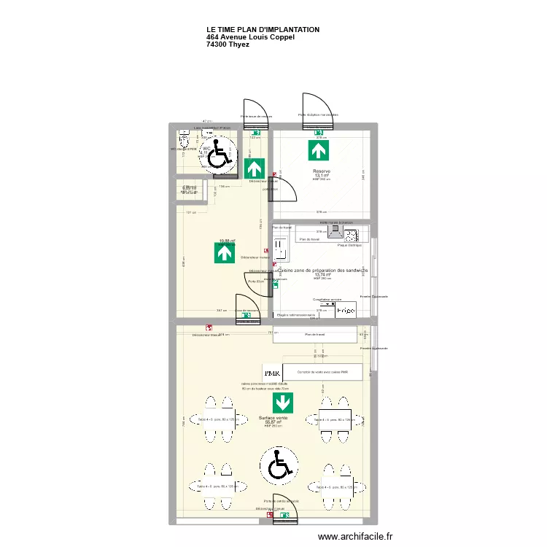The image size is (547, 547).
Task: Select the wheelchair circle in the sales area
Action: tap(278, 465)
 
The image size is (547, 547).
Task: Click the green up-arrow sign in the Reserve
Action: tap(318, 151)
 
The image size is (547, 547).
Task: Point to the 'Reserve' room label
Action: tap(322, 171)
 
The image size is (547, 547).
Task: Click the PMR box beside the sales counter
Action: tap(272, 373)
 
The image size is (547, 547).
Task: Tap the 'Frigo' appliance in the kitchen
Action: tap(345, 311)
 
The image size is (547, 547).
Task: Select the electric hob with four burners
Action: tap(351, 235)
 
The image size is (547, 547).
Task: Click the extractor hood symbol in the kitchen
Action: tap(335, 231)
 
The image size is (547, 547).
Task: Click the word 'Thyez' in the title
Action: tap(238, 44)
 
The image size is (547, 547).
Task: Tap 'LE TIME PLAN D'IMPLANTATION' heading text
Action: tap(263, 30)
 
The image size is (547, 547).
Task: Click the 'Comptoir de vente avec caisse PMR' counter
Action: tap(322, 373)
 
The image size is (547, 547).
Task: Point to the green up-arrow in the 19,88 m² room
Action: tap(225, 253)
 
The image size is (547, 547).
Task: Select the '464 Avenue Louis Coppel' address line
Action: tap(250, 37)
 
